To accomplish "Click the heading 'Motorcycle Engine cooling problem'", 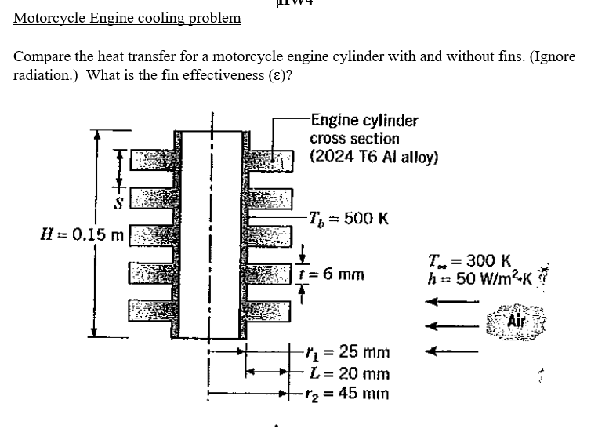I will (x=127, y=17).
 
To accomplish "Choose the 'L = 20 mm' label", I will (x=350, y=373).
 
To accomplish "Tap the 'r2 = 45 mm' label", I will (x=350, y=393).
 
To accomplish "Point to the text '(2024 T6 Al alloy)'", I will (x=374, y=156).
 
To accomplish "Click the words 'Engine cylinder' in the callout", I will (x=364, y=120).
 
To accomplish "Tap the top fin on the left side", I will (x=150, y=161).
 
